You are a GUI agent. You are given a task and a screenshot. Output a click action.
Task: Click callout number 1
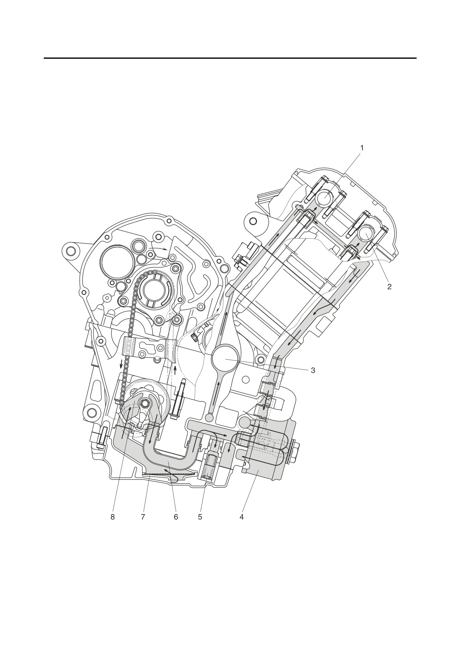(x=362, y=148)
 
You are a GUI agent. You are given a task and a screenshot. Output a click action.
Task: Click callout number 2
(x=389, y=287)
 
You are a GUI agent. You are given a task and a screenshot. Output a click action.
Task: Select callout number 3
(x=313, y=370)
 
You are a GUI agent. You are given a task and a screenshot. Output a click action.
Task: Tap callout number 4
(x=241, y=517)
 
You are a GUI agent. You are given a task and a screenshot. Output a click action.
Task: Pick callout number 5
(x=200, y=517)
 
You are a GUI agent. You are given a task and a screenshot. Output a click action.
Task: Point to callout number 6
(x=176, y=517)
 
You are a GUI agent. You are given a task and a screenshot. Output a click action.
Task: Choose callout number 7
(x=143, y=517)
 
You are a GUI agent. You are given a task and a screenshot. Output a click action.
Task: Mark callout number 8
(x=112, y=517)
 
